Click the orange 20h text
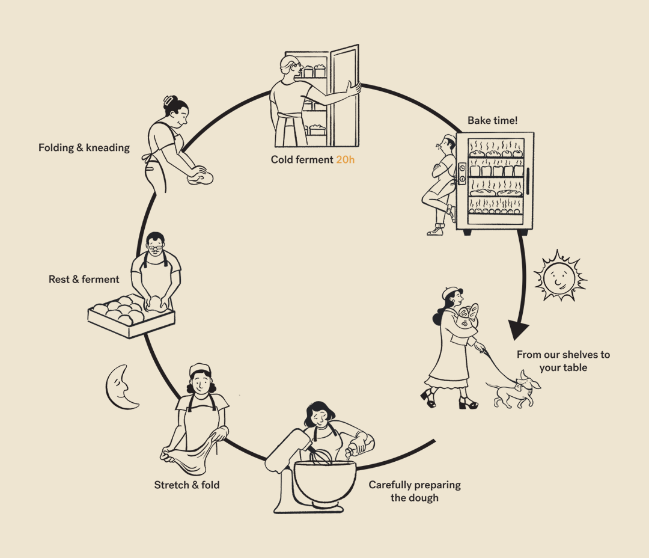coord(345,159)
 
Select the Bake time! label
coord(492,120)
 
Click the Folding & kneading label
coord(84,147)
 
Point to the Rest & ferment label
coord(84,279)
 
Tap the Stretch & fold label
coord(187,485)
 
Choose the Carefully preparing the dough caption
coord(415,491)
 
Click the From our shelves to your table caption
coord(563,361)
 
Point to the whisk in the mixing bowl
coord(321,455)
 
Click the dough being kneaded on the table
coord(200,177)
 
